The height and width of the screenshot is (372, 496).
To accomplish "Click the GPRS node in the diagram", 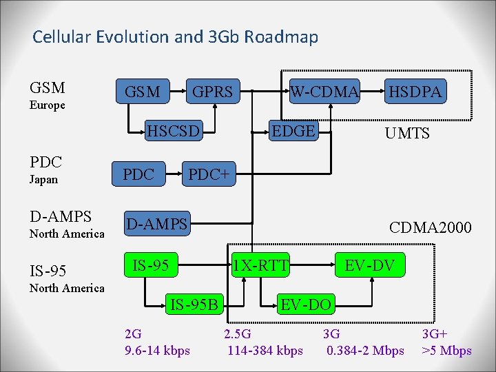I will coord(211,92).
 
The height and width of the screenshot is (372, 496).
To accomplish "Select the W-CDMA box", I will coord(324,92).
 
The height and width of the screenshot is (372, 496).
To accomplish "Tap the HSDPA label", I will coord(415,92).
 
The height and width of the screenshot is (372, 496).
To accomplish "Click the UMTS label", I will coord(408,133).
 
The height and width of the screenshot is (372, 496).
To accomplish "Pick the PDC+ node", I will coord(209,175).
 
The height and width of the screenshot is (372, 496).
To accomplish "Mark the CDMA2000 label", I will coord(431,227).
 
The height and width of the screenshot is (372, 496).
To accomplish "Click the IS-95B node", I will coord(194,303).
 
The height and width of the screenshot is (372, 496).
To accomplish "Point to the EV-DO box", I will coord(304,303).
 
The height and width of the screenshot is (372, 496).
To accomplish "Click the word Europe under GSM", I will coord(48,105).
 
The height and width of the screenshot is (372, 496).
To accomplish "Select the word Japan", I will coord(44,180).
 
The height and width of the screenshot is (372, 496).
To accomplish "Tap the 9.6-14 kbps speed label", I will coord(157,351).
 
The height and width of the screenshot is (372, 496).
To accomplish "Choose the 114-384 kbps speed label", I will coord(265,351).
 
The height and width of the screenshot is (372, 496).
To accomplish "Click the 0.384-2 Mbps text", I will coord(365,351).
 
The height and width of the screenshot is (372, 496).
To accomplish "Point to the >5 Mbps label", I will coord(447,351).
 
